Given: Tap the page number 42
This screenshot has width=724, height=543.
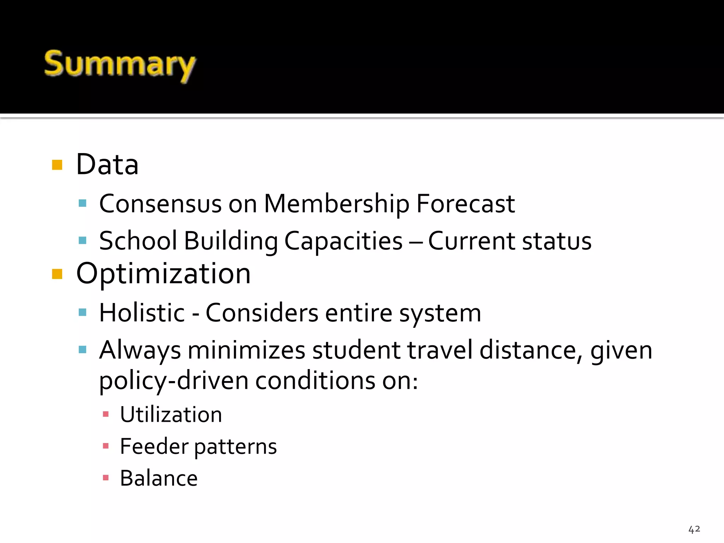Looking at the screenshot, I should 694,529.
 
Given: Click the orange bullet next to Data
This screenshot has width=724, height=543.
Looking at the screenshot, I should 57,165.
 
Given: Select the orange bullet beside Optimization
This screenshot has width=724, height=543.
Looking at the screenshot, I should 57,274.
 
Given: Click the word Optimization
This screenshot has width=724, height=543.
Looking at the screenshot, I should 163,274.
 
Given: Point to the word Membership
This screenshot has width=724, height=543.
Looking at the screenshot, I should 337,204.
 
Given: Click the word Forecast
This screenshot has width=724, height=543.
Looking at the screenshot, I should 465,204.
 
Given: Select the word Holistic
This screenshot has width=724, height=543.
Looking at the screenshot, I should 142,313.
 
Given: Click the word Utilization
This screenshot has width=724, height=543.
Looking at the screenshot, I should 171,415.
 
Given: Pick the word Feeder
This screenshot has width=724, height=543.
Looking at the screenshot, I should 154,446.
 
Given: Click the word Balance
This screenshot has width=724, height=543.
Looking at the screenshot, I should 159,478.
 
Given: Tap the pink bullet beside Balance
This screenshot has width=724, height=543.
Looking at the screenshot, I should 105,478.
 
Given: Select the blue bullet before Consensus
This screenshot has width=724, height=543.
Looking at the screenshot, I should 82,203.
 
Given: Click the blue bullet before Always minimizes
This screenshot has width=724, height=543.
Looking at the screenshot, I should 82,350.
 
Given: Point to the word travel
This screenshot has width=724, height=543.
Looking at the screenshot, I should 440,351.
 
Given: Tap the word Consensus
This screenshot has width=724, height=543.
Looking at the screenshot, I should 160,204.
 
